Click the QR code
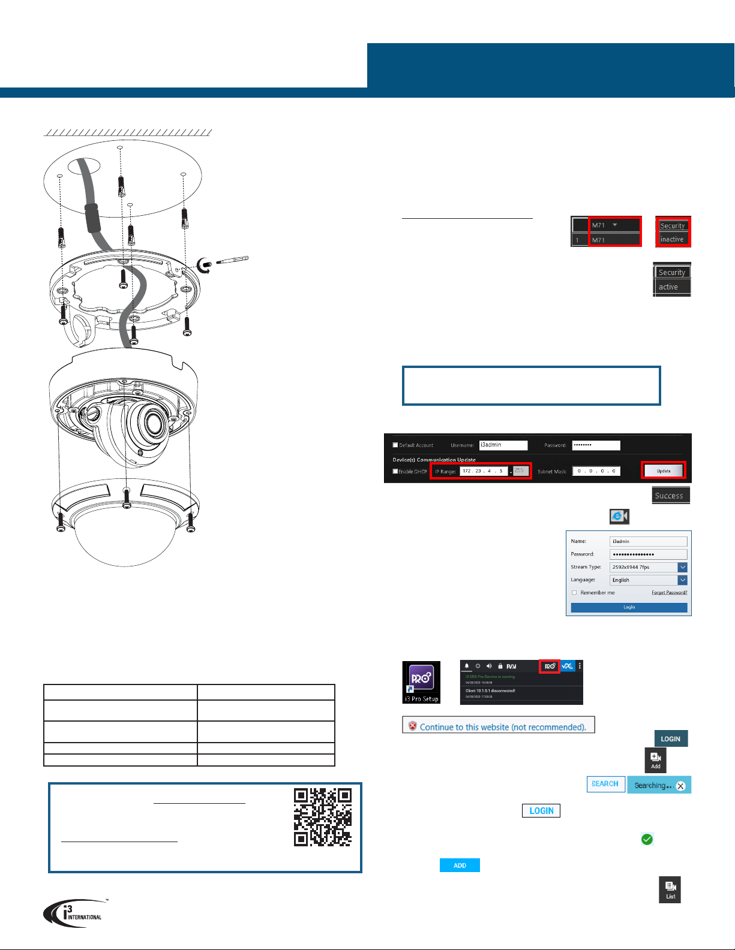pyautogui.click(x=322, y=817)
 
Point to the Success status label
pyautogui.click(x=670, y=496)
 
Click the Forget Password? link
pyautogui.click(x=669, y=593)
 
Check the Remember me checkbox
pyautogui.click(x=574, y=593)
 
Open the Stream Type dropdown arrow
pyautogui.click(x=682, y=567)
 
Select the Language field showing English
pyautogui.click(x=644, y=580)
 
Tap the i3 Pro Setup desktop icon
pyautogui.click(x=421, y=682)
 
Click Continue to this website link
pyautogui.click(x=502, y=727)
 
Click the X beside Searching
pyautogui.click(x=680, y=786)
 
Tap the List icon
pyautogui.click(x=670, y=890)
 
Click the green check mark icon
pyautogui.click(x=647, y=840)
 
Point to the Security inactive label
pyautogui.click(x=672, y=233)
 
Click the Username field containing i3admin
pyautogui.click(x=503, y=445)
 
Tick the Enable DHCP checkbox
pyautogui.click(x=395, y=472)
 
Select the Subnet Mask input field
pyautogui.click(x=596, y=471)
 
